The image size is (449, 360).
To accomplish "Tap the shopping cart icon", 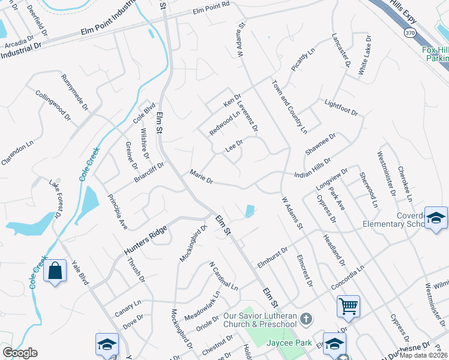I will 348,307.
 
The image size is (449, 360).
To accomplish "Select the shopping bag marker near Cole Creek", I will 55,271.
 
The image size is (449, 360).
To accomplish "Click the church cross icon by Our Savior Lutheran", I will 306,319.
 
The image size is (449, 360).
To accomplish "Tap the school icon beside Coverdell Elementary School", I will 435,218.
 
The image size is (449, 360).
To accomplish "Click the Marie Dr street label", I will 201,174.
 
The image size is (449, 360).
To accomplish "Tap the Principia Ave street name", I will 118,212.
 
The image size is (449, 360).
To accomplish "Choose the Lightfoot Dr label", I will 340,108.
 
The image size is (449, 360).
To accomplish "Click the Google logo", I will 20,353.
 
